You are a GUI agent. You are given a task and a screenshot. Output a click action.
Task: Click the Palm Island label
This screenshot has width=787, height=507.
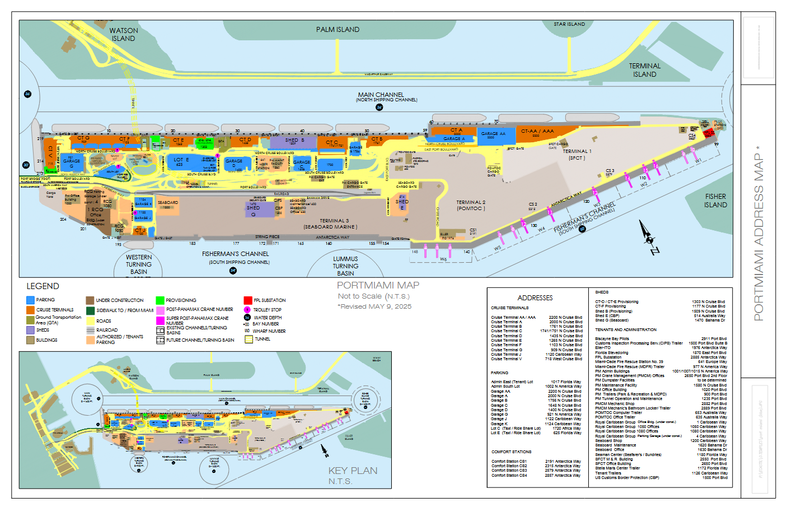338,30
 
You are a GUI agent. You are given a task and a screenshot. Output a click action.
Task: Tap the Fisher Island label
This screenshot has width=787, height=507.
715,201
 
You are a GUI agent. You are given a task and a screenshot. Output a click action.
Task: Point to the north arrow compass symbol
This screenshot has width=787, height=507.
649,239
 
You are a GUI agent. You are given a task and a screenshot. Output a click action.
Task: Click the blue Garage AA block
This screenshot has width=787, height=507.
493,135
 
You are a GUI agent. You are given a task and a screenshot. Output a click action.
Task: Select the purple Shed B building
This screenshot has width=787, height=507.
294,141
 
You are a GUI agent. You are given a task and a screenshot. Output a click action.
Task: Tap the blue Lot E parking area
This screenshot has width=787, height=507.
180,162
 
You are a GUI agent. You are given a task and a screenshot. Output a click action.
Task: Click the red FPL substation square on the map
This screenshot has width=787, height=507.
709,133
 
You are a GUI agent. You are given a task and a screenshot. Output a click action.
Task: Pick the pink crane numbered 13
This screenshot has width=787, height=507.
595,193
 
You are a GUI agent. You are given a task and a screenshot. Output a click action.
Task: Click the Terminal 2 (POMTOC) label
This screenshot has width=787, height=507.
471,206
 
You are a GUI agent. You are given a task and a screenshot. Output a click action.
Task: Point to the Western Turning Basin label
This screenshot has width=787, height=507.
139,264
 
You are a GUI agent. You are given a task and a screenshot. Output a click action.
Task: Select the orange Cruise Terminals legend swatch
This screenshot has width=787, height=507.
30,310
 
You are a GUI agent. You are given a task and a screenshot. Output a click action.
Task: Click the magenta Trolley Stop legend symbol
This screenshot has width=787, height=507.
247,310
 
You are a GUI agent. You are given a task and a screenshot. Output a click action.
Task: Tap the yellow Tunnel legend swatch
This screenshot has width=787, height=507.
249,339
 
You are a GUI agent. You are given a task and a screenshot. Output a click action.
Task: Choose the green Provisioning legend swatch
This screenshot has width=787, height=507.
160,300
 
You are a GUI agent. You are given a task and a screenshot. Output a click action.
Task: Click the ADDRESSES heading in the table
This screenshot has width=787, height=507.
535,298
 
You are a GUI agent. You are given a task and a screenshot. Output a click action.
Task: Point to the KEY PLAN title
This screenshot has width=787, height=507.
353,471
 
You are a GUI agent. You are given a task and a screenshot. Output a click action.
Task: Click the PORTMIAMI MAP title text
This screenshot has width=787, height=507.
378,285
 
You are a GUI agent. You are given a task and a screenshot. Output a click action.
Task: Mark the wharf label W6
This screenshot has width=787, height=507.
443,259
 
